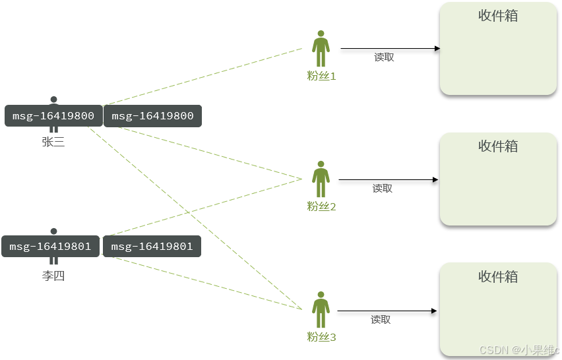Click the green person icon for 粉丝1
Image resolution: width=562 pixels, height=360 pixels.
(321, 49)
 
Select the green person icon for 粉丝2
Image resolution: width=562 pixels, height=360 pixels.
(321, 179)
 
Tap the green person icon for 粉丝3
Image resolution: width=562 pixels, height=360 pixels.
(321, 310)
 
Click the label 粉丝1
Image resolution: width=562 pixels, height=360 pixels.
(322, 76)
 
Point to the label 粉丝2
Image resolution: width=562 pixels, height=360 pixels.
(322, 206)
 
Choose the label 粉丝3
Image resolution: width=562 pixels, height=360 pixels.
(322, 337)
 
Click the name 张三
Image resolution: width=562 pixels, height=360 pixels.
(53, 141)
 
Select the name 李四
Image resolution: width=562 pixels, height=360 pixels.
(53, 276)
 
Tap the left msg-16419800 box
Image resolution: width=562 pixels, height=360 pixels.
(53, 116)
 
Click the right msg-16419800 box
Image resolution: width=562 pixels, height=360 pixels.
(152, 116)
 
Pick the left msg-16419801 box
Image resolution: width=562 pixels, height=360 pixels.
(51, 247)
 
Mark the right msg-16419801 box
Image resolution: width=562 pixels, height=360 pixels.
(152, 247)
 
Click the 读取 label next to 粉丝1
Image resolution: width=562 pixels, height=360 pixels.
(384, 57)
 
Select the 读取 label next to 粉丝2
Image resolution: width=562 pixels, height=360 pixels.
(383, 189)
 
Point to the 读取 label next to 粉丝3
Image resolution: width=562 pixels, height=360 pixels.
(381, 320)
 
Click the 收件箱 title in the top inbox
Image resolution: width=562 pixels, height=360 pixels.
(498, 16)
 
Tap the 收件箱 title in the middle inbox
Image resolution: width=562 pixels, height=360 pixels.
(498, 146)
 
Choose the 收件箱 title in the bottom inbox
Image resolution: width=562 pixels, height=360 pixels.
(498, 277)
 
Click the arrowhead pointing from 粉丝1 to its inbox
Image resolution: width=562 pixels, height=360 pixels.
(437, 48)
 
